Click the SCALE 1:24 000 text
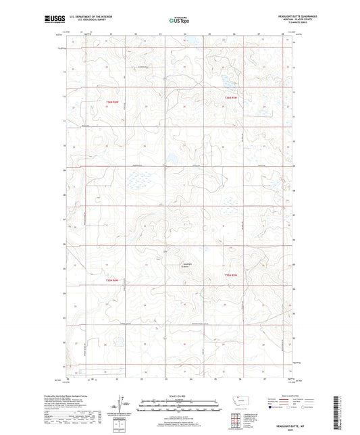point(179,396)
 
